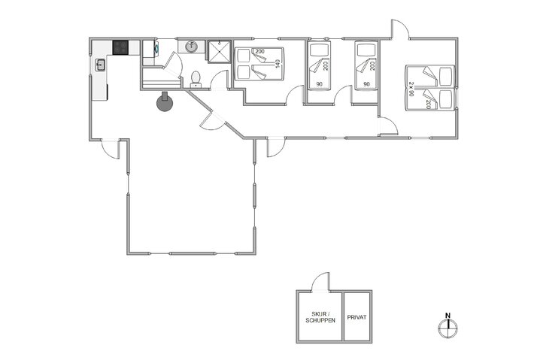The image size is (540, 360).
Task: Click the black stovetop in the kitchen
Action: [120, 47]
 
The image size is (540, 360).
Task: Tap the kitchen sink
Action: [100, 65]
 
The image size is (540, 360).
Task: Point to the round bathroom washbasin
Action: [192, 47]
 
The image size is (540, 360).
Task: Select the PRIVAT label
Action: [357, 317]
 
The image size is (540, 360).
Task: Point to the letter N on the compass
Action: [447, 316]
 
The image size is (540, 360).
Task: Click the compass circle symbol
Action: [447, 325]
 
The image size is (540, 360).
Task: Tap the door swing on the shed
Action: [321, 281]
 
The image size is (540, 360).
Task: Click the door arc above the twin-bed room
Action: [399, 28]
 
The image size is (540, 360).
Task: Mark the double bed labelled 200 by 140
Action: [259, 64]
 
